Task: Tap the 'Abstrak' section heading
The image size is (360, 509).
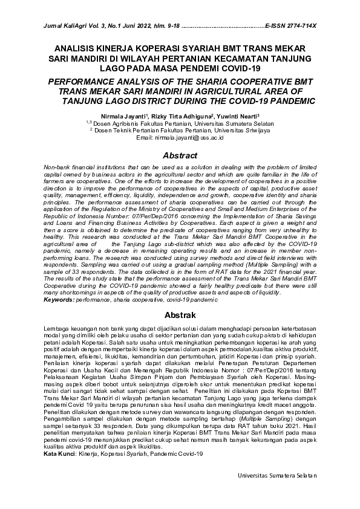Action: click(180, 316)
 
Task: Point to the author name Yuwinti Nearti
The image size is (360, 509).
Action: click(237, 115)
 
